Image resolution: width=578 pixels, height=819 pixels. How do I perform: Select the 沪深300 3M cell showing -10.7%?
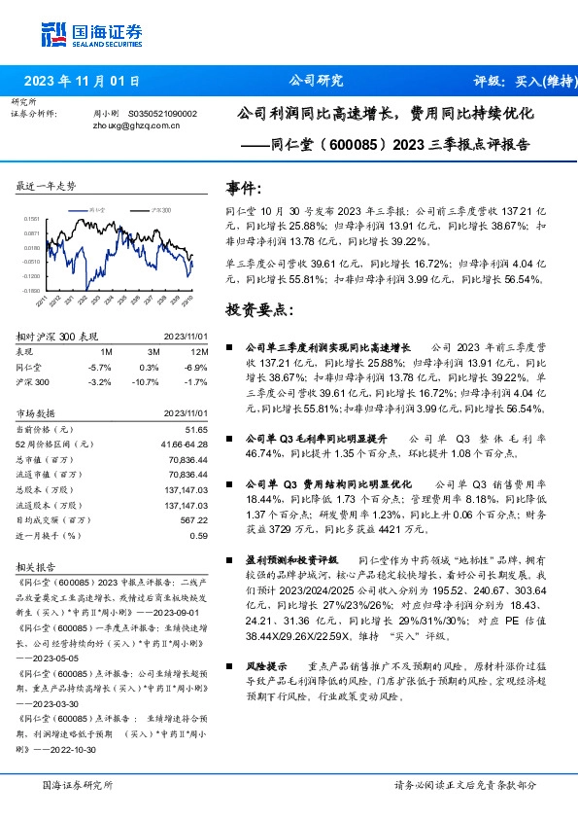(146, 382)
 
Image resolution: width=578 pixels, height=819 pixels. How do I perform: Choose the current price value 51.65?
(197, 429)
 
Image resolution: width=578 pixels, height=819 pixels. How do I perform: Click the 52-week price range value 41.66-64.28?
(185, 444)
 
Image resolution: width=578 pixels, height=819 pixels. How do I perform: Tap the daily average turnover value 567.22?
(194, 519)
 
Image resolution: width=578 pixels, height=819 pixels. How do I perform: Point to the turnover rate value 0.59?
(199, 534)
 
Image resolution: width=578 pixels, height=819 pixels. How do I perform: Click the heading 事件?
(243, 188)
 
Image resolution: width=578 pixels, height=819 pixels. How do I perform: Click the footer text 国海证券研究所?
(78, 784)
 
